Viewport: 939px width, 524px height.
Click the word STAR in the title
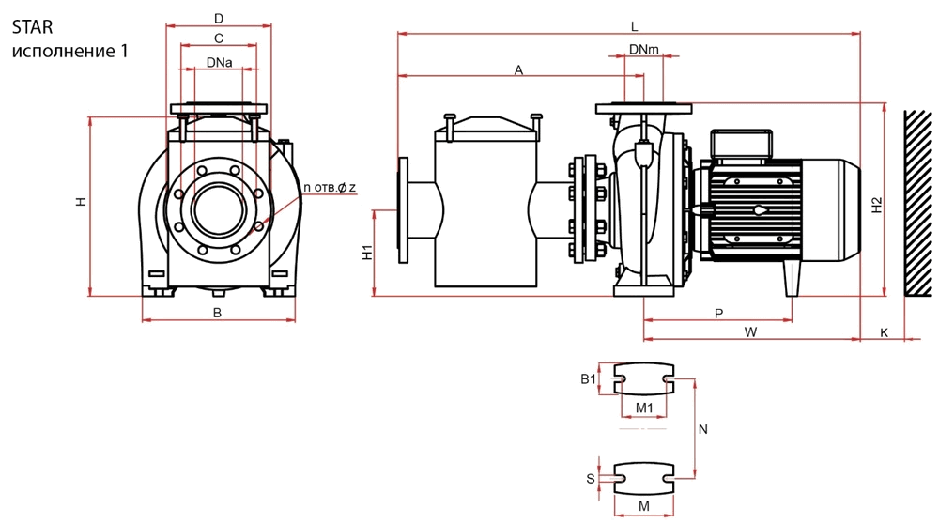click(x=32, y=27)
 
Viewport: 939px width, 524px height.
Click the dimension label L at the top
click(x=635, y=27)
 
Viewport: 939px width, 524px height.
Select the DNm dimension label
click(x=644, y=49)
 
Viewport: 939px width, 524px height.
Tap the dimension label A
click(x=518, y=70)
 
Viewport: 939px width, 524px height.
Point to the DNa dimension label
click(x=219, y=62)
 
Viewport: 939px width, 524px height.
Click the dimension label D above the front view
click(x=219, y=19)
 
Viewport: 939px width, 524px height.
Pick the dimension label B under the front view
click(x=218, y=313)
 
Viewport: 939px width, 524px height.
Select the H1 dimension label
click(x=368, y=252)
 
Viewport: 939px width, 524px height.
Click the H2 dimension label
click(x=877, y=206)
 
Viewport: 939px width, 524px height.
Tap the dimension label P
click(x=719, y=314)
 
